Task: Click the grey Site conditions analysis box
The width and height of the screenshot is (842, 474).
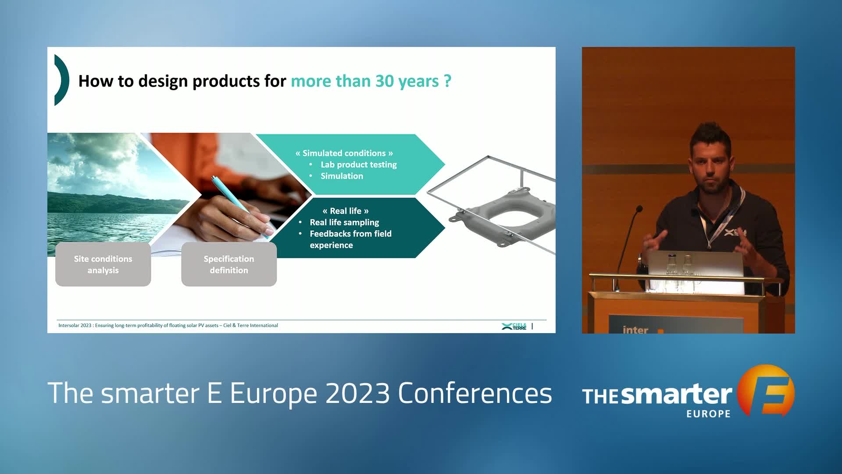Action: [103, 264]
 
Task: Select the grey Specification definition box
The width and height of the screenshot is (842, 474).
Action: [229, 264]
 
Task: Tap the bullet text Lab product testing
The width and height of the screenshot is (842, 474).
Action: [359, 165]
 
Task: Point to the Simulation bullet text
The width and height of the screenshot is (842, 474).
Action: [342, 176]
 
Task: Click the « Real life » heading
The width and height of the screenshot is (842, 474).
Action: [346, 211]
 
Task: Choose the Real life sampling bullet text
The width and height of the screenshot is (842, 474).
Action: [344, 223]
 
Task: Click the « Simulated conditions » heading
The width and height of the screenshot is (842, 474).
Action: [344, 153]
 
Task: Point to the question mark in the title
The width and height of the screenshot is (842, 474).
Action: [447, 81]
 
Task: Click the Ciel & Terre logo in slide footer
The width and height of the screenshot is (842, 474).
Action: [514, 326]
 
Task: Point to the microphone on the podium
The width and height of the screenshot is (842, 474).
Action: [627, 246]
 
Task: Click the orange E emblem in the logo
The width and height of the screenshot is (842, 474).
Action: [766, 391]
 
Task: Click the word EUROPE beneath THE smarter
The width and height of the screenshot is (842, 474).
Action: [708, 414]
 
